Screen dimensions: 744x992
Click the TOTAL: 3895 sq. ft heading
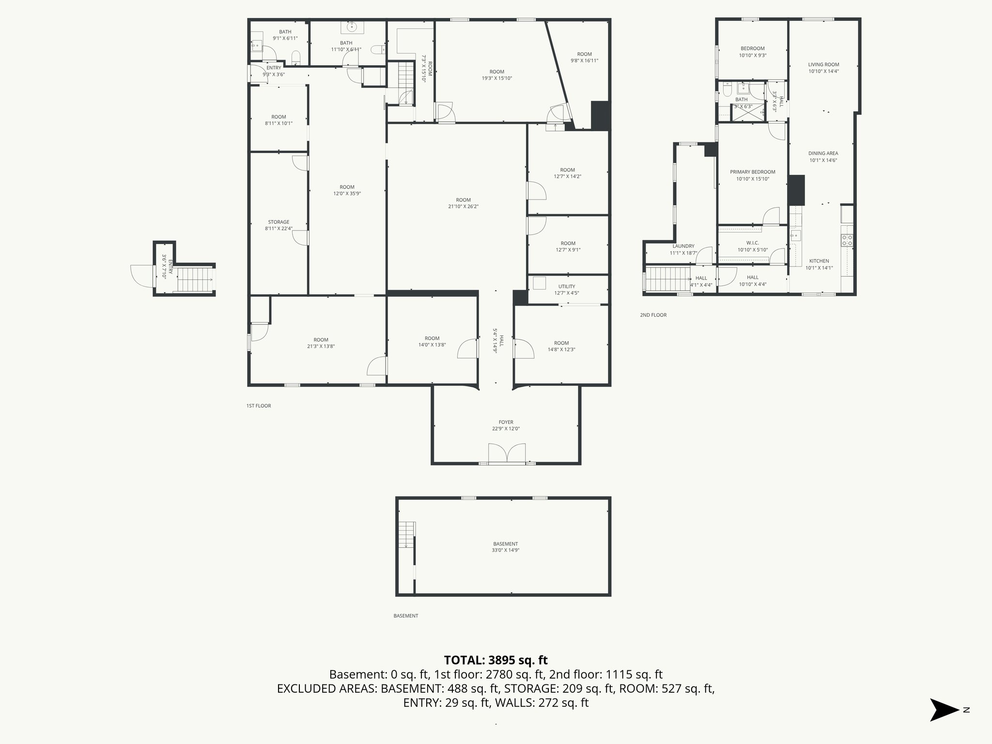(x=496, y=660)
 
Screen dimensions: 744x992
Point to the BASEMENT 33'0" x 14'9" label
(x=506, y=547)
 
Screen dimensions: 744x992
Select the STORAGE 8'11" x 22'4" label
(x=279, y=225)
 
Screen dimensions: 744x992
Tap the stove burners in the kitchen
(x=848, y=241)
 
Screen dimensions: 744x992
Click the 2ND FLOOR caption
(x=653, y=315)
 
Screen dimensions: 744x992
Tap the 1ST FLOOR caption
(x=259, y=406)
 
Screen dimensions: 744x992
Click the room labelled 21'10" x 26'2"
(x=463, y=203)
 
